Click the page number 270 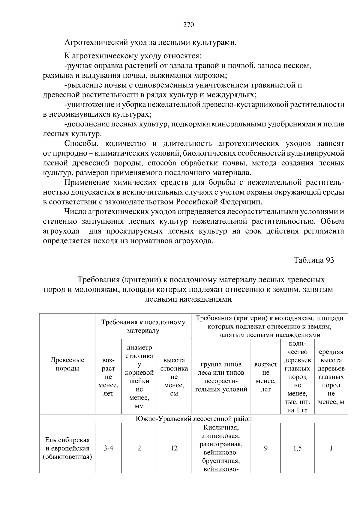point(189,25)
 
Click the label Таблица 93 point(313,260)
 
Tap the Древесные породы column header point(67,364)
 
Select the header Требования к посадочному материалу point(143,326)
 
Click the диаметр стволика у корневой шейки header point(139,377)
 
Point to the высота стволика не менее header point(174,377)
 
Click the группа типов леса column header point(221,377)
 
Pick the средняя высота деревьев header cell point(331,377)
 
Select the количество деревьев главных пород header point(297,377)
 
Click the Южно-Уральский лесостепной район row point(193,418)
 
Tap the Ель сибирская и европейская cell point(67,448)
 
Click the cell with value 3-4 point(108,448)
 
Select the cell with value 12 point(174,448)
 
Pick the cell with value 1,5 point(297,448)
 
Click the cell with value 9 point(265,448)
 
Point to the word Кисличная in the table point(221,427)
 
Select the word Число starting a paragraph point(75,212)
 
